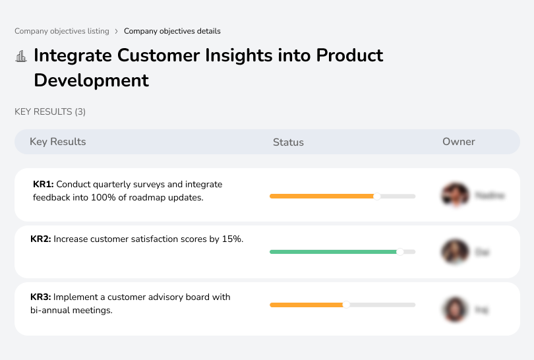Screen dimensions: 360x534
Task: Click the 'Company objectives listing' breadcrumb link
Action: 62,31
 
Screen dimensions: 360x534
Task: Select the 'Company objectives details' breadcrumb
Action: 172,31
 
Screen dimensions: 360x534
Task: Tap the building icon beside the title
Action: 21,56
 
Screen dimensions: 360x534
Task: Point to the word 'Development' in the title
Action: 91,80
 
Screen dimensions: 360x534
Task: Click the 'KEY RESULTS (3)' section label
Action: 50,112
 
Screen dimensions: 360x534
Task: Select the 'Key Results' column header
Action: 57,142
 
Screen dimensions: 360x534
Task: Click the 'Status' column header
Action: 288,142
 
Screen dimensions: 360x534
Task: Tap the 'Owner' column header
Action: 459,142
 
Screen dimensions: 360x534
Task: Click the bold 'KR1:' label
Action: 44,185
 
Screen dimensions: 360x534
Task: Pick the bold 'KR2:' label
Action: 41,239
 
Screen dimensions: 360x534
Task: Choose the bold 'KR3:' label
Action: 41,297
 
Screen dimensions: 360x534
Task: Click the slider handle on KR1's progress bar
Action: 377,196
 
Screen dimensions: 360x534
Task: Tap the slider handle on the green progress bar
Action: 400,252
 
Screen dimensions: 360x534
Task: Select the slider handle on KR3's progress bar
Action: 346,305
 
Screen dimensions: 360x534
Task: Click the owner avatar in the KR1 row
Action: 454,195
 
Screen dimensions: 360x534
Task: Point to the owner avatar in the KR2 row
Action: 454,252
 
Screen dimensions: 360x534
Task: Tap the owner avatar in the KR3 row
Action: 454,309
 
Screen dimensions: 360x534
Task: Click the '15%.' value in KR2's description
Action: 233,239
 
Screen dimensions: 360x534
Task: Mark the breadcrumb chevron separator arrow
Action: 117,31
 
